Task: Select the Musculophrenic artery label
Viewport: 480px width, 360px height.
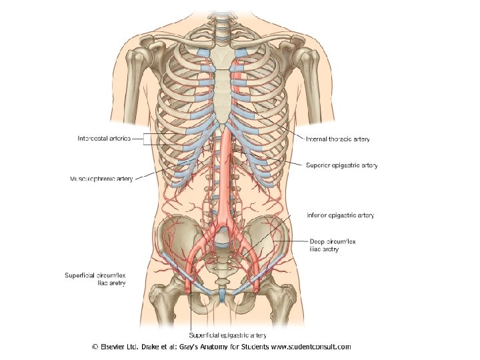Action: pyautogui.click(x=101, y=179)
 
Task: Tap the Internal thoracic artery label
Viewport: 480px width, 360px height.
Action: pyautogui.click(x=337, y=139)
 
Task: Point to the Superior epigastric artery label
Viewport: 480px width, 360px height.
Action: pyautogui.click(x=341, y=165)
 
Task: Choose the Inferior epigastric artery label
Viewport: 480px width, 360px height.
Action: pyautogui.click(x=340, y=215)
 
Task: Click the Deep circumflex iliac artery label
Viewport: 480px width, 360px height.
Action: pyautogui.click(x=334, y=245)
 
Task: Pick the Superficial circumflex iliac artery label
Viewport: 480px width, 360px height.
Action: pyautogui.click(x=95, y=279)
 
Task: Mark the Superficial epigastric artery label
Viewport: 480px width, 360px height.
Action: pyautogui.click(x=228, y=335)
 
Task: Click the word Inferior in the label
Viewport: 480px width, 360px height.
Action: pyautogui.click(x=317, y=215)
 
